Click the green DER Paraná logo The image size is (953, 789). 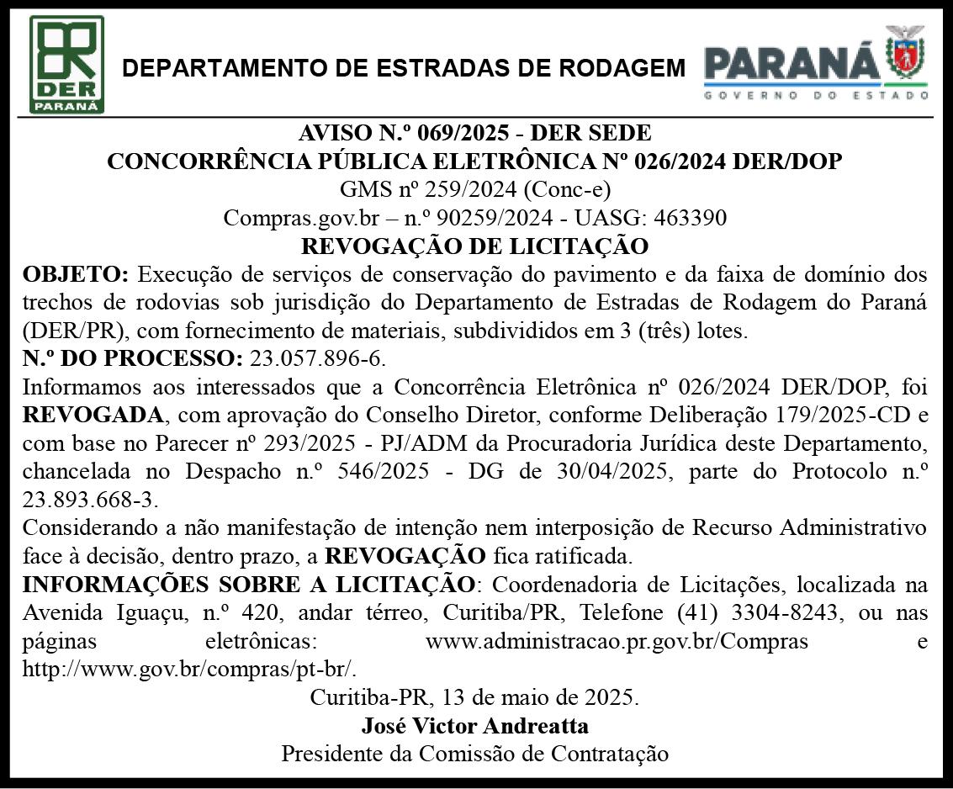[x=67, y=64]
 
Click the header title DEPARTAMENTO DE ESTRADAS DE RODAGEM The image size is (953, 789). [x=405, y=68]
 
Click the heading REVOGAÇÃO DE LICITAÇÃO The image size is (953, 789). [x=475, y=246]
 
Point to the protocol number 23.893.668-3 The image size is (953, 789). [x=90, y=500]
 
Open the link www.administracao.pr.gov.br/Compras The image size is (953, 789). [x=617, y=642]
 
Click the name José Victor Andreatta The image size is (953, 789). [x=475, y=725]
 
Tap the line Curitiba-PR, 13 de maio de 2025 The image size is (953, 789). [x=475, y=697]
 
